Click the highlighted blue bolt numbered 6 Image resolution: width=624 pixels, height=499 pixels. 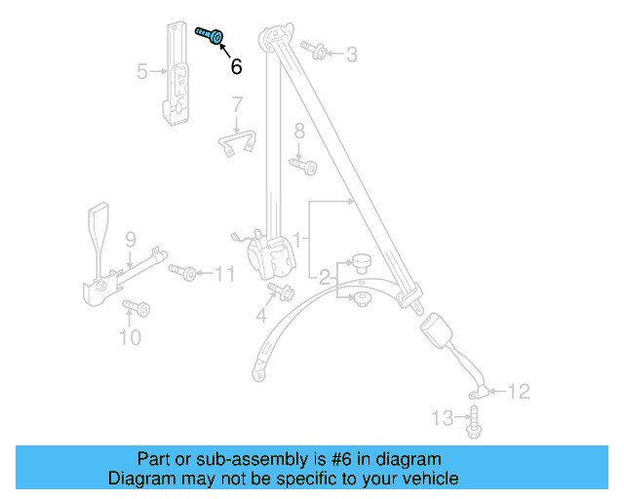pyautogui.click(x=211, y=37)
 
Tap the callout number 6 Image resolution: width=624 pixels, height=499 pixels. pyautogui.click(x=235, y=67)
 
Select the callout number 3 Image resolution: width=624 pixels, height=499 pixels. pyautogui.click(x=351, y=55)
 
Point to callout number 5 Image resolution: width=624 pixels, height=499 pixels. pyautogui.click(x=142, y=71)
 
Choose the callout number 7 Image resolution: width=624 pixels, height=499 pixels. pyautogui.click(x=236, y=104)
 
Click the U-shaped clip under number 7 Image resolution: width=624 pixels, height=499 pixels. pyautogui.click(x=236, y=142)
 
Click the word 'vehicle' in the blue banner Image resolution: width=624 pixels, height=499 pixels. pyautogui.click(x=429, y=480)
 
